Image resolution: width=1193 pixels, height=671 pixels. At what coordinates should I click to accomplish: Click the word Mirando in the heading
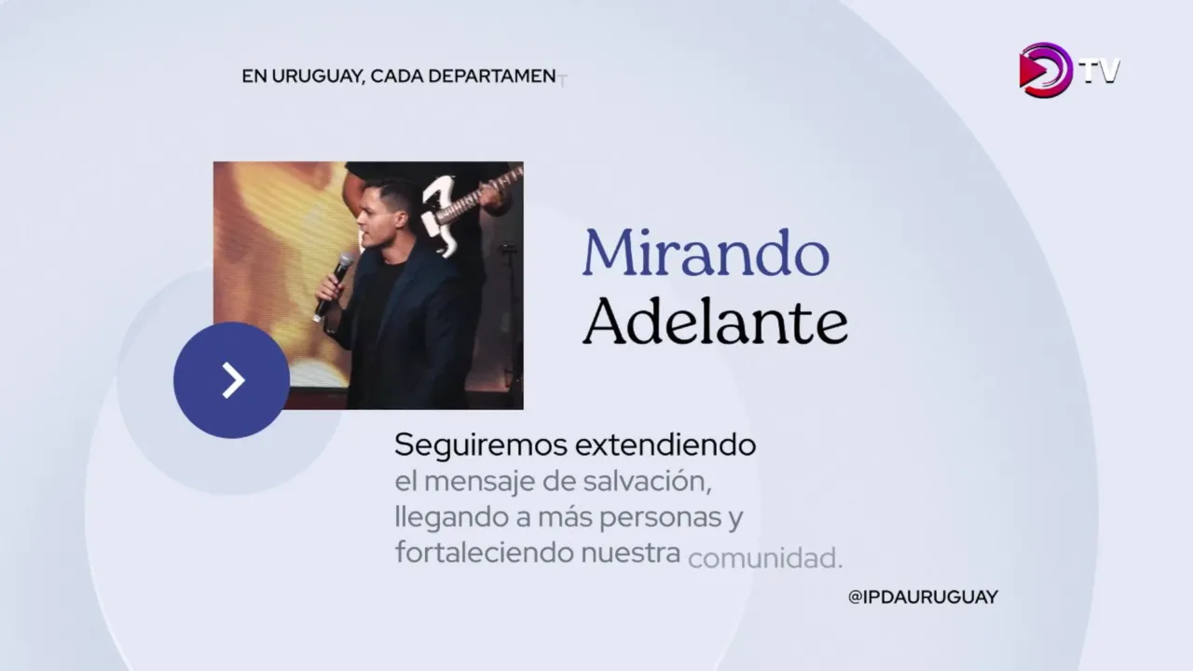click(x=706, y=253)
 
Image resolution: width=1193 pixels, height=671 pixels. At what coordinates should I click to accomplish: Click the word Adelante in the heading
click(x=715, y=321)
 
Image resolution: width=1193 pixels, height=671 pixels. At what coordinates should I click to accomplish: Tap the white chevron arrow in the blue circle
click(x=233, y=380)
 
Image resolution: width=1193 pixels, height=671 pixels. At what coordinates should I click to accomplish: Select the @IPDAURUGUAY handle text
click(x=923, y=597)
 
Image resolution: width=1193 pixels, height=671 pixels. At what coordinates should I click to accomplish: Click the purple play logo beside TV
click(x=1045, y=70)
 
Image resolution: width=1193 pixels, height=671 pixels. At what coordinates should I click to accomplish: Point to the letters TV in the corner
click(x=1100, y=72)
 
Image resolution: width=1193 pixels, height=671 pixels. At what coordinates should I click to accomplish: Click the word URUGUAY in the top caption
click(x=318, y=76)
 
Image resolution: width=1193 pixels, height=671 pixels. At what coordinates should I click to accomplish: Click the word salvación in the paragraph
click(x=647, y=482)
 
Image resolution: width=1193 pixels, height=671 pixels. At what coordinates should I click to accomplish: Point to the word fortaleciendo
click(x=484, y=553)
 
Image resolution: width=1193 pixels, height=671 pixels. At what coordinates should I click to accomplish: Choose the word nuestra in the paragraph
click(x=631, y=554)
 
